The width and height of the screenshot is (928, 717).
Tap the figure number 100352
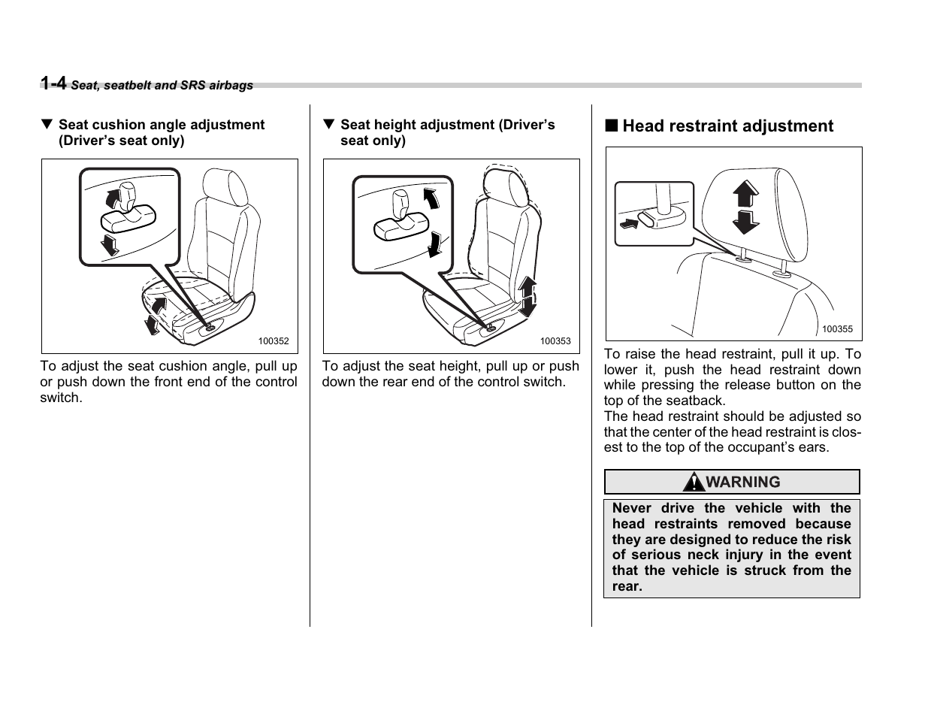274,341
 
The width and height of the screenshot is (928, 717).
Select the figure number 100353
555,341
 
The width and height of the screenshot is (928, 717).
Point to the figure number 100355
837,329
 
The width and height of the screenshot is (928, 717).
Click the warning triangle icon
694,482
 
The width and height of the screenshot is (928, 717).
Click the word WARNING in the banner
743,483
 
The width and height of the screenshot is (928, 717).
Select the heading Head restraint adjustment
727,126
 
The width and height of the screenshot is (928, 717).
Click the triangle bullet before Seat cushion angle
47,125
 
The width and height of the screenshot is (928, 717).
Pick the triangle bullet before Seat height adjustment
328,125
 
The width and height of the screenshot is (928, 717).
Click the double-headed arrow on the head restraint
745,207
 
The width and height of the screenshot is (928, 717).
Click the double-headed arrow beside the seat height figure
527,297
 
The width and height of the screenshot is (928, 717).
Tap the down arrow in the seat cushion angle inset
110,244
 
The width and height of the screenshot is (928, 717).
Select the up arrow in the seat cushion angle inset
113,197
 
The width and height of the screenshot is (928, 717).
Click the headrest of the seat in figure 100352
225,187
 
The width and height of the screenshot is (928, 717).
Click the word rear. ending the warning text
627,586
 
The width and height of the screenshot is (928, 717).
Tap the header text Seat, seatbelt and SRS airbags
162,86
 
